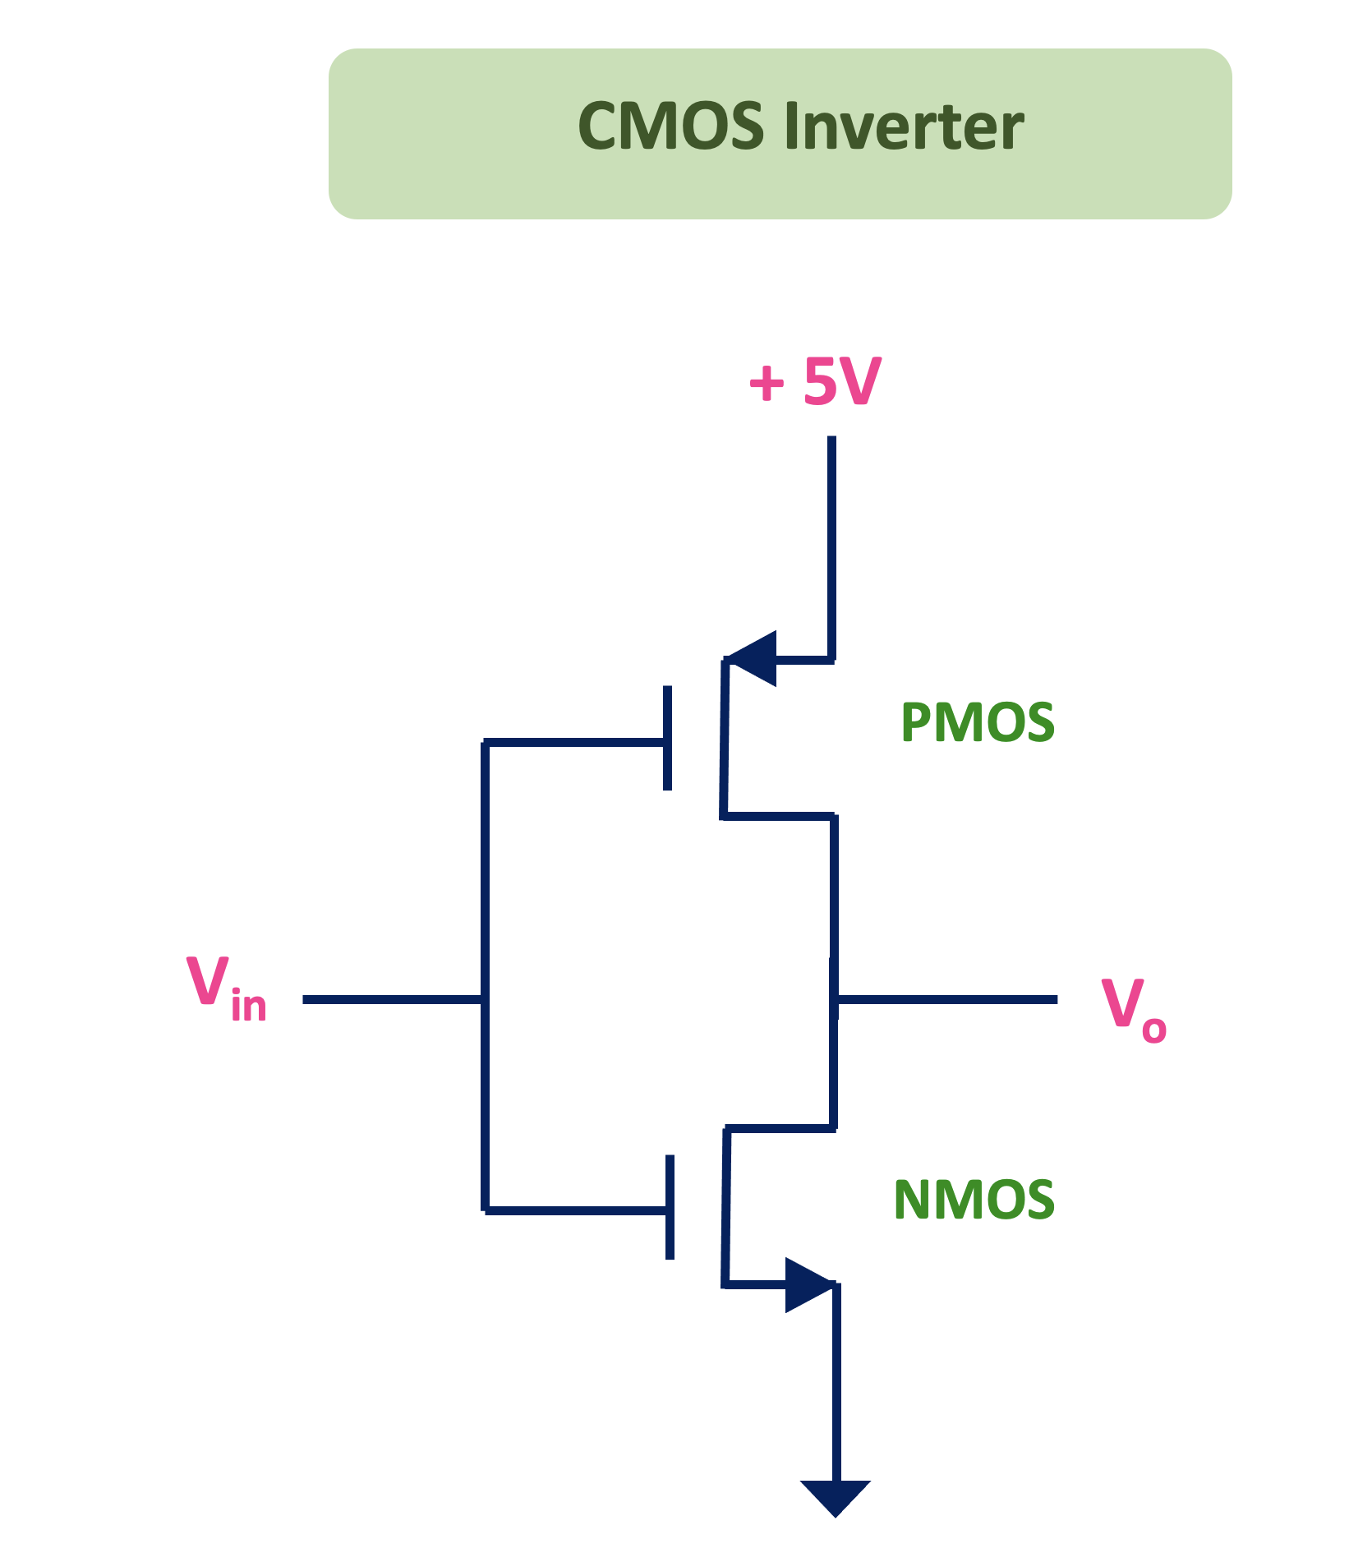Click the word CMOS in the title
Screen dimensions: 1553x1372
670,127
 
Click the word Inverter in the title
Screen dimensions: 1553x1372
904,127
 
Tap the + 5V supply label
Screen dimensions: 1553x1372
815,382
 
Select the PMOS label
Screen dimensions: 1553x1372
977,723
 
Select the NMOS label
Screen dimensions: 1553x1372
974,1200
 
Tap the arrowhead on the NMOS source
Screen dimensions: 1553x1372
808,1284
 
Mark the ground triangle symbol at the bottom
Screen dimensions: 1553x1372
835,1495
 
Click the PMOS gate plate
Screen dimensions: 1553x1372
668,738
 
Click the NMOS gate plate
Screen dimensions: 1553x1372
670,1207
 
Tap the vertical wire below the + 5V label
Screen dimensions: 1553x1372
831,542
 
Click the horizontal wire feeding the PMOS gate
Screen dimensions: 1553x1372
575,743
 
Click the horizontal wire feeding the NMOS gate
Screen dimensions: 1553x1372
575,1210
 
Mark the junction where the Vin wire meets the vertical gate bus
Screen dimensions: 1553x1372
485,999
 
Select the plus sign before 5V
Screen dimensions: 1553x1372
767,384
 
